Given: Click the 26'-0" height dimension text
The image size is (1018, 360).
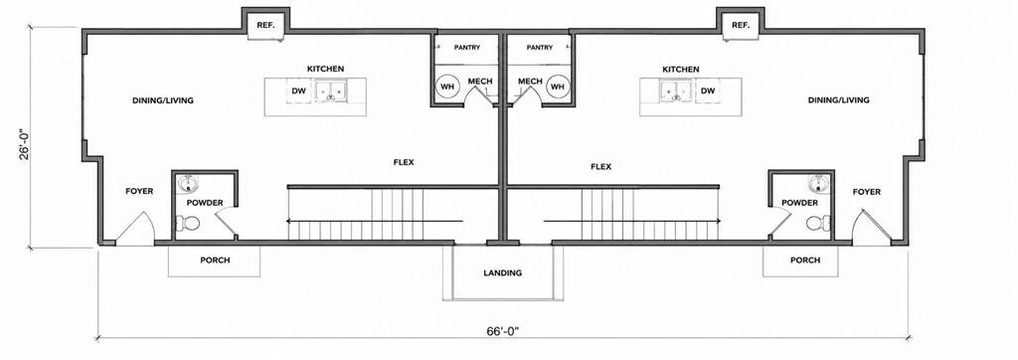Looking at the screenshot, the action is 25,143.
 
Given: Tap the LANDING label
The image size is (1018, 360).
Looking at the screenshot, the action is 502,272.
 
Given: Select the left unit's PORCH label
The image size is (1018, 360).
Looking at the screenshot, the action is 215,260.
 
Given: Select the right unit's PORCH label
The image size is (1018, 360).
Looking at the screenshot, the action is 805,260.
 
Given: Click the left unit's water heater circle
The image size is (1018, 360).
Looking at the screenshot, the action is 447,86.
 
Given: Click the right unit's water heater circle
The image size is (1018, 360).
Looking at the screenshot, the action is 558,86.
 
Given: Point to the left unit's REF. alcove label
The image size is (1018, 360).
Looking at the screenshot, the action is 266,25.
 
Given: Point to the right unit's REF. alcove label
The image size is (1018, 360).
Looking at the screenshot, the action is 740,25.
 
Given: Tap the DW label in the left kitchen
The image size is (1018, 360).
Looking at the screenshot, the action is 299,90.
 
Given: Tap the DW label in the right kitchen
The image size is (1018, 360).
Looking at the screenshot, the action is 708,90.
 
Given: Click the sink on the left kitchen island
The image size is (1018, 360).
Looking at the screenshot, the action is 331,90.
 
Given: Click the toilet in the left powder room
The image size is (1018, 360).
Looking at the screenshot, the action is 188,223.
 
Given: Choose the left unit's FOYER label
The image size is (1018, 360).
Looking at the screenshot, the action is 139,191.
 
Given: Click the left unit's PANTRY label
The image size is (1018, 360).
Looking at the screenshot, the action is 467,48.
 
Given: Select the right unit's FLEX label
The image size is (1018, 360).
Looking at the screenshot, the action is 600,166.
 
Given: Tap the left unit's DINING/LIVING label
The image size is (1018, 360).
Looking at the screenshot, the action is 163,100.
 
